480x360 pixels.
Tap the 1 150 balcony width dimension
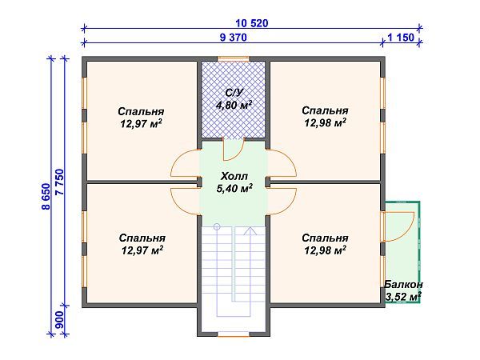coord(402,37)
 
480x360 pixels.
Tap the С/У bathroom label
coord(234,93)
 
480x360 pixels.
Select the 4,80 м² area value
coord(234,105)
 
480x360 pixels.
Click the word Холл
coord(234,177)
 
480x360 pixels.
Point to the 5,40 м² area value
coord(234,189)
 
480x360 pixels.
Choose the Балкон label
coord(403,285)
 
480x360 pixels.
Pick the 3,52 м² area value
coord(403,297)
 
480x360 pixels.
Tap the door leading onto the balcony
coord(395,225)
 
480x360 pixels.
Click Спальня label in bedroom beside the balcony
coord(326,238)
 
